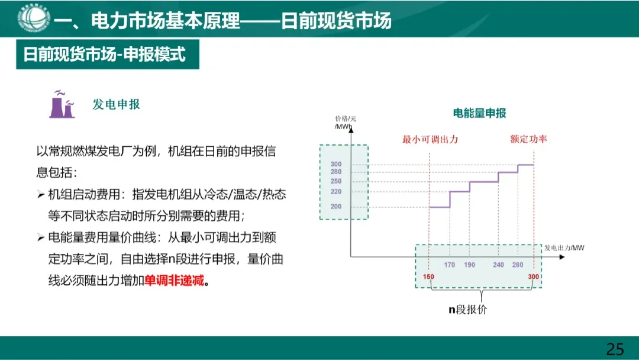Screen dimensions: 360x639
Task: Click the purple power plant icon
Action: point(62,105)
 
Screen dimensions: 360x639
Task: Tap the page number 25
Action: point(615,348)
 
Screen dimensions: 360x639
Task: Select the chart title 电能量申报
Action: point(479,113)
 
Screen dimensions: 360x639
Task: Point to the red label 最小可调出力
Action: point(430,140)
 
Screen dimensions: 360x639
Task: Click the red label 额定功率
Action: point(528,140)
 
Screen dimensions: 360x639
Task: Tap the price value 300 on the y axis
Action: point(336,165)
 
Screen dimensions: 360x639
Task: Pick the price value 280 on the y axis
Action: point(336,172)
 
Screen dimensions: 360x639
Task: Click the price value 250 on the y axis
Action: point(336,181)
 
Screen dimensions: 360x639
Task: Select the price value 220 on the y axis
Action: point(336,192)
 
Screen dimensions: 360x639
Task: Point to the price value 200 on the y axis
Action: point(336,207)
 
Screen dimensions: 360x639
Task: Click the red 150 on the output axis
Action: point(429,277)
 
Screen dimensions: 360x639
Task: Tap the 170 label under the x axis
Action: point(450,265)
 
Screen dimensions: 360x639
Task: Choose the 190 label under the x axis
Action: point(470,265)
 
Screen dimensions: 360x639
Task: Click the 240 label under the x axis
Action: point(499,265)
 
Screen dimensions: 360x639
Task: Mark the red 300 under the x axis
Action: point(534,277)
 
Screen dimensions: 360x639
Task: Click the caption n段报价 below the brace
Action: point(467,310)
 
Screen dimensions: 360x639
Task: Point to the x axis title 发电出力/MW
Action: point(564,247)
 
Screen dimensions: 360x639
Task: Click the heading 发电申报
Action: point(117,105)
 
